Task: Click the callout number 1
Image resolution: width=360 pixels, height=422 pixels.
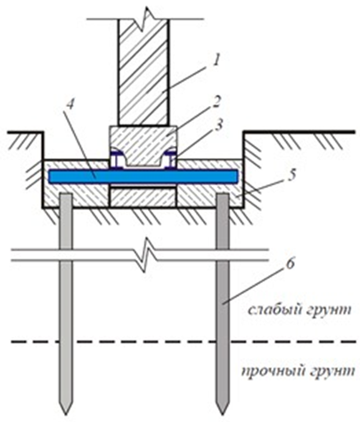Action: [x=217, y=61]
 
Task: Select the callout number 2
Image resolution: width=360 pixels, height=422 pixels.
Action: [x=217, y=102]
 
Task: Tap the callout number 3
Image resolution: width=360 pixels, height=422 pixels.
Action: [x=217, y=126]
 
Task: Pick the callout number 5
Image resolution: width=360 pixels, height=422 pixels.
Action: [x=291, y=175]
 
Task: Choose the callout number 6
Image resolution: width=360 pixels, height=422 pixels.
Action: [x=291, y=264]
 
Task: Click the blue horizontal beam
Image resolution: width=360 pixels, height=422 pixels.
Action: [x=143, y=176]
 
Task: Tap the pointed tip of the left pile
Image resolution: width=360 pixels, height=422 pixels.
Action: [x=66, y=414]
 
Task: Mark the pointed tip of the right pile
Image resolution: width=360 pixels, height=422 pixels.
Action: [x=223, y=414]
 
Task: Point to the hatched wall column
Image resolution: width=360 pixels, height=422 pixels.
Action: [x=143, y=72]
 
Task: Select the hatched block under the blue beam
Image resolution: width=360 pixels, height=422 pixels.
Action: [x=143, y=198]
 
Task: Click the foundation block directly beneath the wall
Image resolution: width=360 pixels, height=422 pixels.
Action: [x=143, y=145]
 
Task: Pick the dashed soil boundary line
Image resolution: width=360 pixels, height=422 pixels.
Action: [x=184, y=342]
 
